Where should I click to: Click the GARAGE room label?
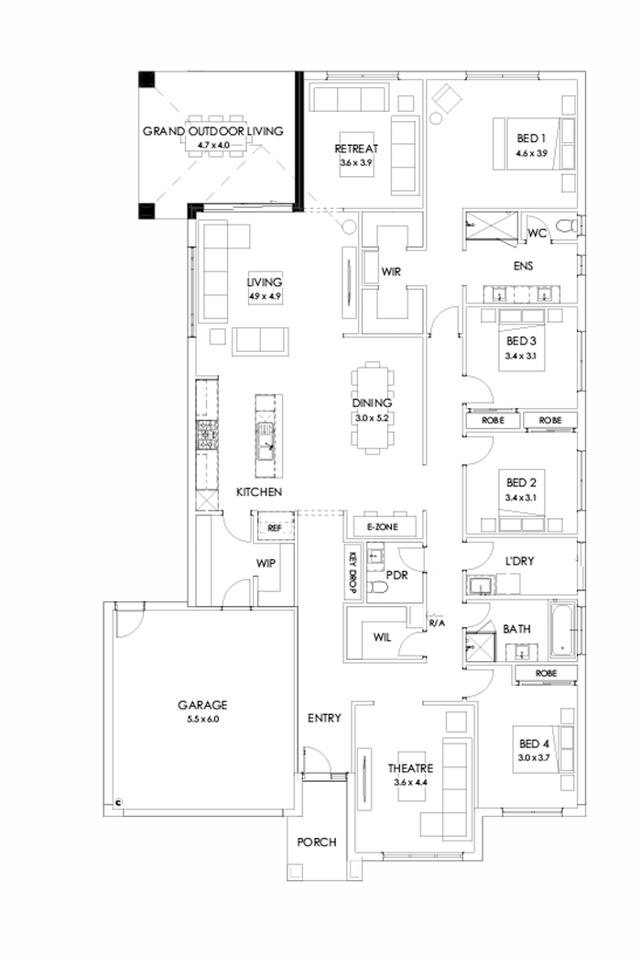click(x=202, y=705)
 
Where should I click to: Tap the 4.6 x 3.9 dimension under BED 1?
click(x=531, y=153)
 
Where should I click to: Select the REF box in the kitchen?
click(x=273, y=528)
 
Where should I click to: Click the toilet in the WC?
click(x=566, y=226)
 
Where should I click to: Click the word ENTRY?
click(x=324, y=718)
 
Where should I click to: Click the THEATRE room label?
click(x=409, y=768)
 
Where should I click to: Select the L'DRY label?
click(x=520, y=559)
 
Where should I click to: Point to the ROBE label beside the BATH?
click(x=545, y=674)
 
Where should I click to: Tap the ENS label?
click(x=524, y=267)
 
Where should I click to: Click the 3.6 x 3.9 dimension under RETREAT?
click(x=356, y=162)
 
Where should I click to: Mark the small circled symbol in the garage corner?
click(x=119, y=801)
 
